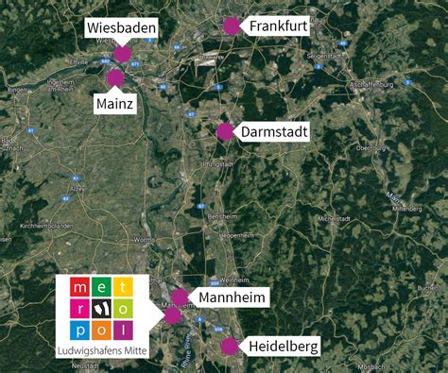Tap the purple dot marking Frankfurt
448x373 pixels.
(231, 26)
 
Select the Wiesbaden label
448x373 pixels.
(122, 28)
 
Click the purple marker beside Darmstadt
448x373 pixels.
(224, 131)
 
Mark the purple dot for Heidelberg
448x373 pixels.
(230, 347)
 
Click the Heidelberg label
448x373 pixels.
(284, 347)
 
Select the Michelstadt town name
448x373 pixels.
(334, 218)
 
